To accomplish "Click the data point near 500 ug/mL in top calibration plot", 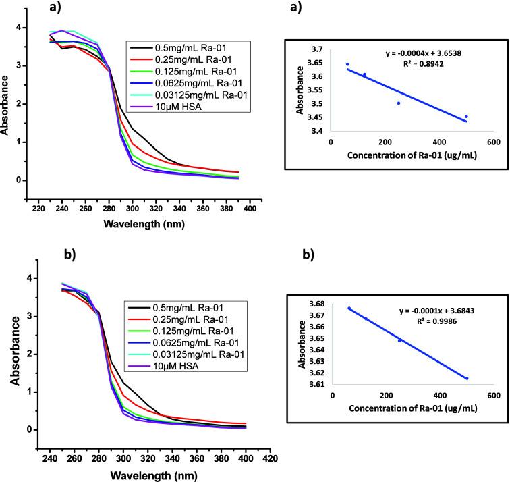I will click(466, 117).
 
